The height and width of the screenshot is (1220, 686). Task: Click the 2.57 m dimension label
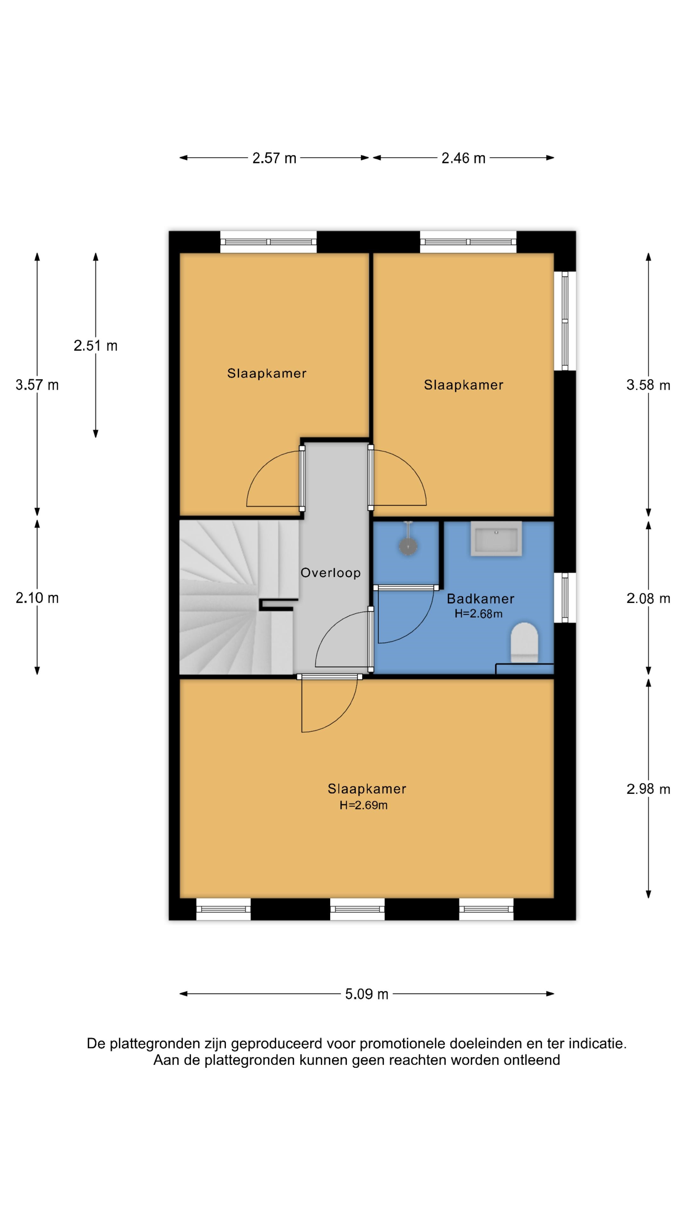click(x=274, y=158)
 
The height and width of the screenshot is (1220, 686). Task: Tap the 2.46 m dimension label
click(x=463, y=158)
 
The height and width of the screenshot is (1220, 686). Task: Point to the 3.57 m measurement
click(x=37, y=385)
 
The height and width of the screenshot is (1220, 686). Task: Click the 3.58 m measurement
click(x=648, y=385)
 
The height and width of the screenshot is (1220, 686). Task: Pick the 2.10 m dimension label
click(x=37, y=598)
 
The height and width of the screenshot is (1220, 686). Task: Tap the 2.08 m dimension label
click(x=648, y=599)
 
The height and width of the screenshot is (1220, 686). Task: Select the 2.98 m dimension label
click(x=648, y=789)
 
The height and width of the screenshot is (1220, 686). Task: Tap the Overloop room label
click(x=330, y=573)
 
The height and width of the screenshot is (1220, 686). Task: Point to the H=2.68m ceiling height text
click(x=479, y=614)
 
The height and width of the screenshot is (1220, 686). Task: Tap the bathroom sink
click(x=496, y=539)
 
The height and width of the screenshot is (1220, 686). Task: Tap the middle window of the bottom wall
click(x=357, y=909)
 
